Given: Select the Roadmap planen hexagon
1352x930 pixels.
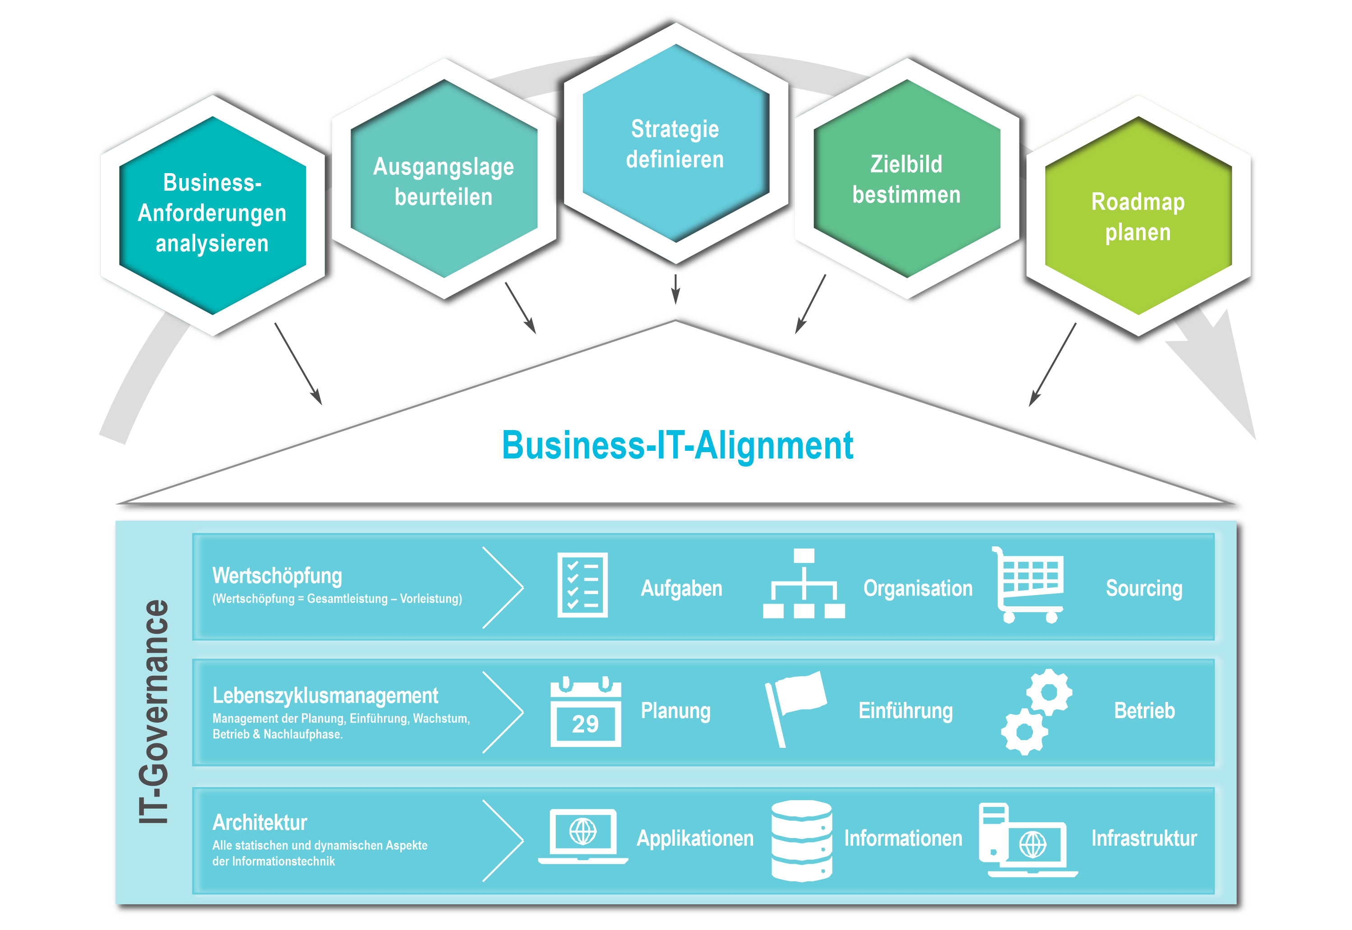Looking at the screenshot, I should coord(1137,217).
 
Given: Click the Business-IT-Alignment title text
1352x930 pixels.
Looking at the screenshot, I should coord(677,446).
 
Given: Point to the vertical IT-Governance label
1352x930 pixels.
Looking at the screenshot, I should coord(154,711).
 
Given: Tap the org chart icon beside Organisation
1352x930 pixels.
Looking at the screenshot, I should coord(804,584).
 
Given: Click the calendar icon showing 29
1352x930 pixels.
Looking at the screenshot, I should coord(585,712).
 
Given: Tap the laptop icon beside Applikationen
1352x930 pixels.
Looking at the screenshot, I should coord(583,836).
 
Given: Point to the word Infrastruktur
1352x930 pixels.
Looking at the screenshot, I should coord(1143,838).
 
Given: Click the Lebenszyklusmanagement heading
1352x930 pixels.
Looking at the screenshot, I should coord(325,696).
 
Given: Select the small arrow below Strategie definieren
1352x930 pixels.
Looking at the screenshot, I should coord(676,289).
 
